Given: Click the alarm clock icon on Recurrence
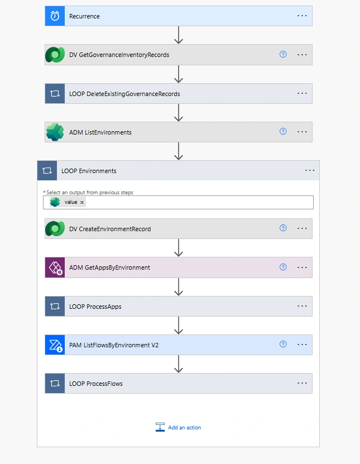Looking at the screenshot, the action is (55, 16).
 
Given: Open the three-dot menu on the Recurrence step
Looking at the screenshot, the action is (302, 16).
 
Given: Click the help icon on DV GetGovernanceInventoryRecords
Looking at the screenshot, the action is (283, 54).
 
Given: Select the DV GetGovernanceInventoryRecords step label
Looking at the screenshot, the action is (119, 55).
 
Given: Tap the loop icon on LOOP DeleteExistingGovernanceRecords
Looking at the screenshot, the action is (55, 93).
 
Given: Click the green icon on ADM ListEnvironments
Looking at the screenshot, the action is (55, 132).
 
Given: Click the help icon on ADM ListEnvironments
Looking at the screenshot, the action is (283, 131).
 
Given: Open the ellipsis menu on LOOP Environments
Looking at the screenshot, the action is (310, 170).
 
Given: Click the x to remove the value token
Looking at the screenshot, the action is (82, 203).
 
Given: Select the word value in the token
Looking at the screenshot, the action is (71, 202).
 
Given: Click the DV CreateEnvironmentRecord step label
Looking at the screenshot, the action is (110, 229).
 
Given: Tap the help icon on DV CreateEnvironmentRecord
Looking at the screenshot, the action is (283, 228).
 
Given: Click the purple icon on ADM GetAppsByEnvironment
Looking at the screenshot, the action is (55, 267).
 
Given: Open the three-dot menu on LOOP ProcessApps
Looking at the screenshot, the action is (302, 306).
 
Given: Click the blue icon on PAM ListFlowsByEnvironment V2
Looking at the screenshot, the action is (55, 345).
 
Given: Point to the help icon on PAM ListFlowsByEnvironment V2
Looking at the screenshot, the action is (283, 344).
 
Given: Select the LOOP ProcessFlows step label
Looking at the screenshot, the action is (96, 384).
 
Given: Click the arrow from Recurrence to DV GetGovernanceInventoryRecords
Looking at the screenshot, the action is (179, 35).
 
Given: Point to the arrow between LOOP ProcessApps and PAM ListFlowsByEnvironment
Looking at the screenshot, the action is (179, 326).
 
